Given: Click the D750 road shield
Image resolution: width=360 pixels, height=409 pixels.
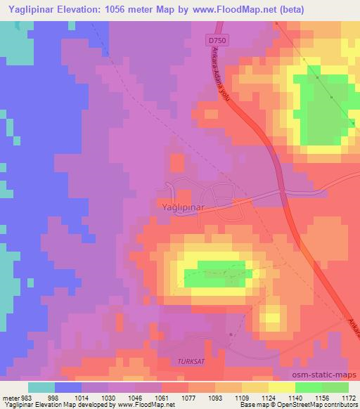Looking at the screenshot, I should click(x=217, y=42).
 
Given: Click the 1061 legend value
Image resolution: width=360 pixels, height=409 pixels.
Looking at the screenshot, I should click(x=162, y=398).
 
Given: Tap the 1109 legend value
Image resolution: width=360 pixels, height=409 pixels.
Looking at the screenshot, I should click(x=243, y=398).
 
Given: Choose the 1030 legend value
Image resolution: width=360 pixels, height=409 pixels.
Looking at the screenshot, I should click(x=109, y=398).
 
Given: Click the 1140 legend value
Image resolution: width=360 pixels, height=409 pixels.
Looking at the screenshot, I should click(x=295, y=398).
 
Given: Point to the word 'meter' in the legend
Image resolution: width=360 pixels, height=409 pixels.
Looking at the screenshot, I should click(x=12, y=398).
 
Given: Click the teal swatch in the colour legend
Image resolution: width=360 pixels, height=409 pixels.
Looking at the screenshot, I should click(x=41, y=387).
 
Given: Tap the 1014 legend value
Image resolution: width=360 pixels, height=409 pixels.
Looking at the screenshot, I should click(x=82, y=398).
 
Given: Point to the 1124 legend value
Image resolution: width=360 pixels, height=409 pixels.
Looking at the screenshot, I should click(x=269, y=398).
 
